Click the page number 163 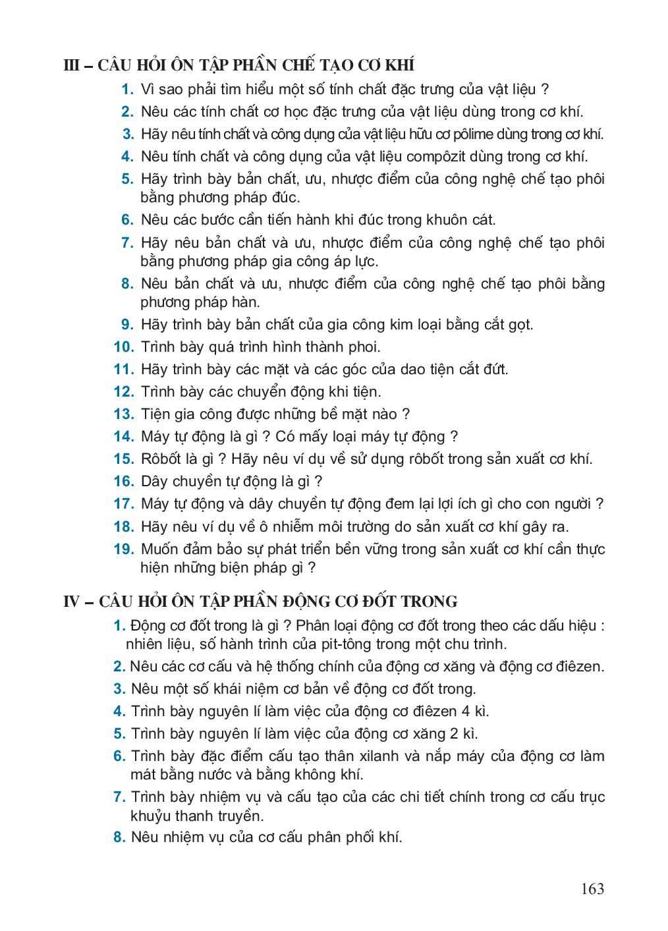click(592, 889)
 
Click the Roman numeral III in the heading click(72, 66)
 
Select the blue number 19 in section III click(124, 549)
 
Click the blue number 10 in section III click(124, 347)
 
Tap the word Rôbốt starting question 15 click(162, 459)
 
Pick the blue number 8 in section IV click(119, 837)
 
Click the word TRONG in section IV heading click(427, 602)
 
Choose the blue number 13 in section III click(124, 414)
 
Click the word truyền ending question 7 click(241, 816)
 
